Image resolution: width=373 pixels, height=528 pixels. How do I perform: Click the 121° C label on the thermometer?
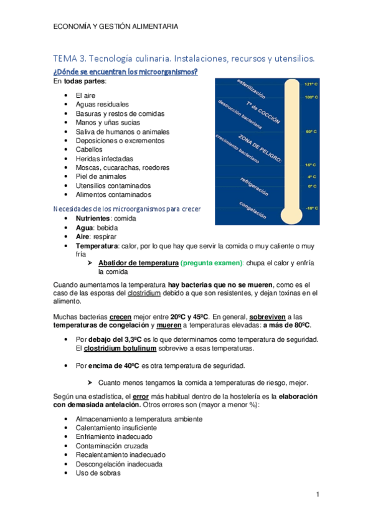click(x=311, y=83)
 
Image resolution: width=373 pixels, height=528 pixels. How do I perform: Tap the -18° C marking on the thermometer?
click(x=311, y=208)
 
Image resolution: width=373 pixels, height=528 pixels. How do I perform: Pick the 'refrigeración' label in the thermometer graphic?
click(x=253, y=186)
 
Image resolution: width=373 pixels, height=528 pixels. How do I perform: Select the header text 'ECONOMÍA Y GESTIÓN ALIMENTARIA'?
click(x=115, y=26)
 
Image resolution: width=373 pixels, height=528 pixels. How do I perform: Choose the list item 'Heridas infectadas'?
click(x=104, y=159)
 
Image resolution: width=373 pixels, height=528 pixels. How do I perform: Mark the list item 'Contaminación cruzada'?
click(x=112, y=446)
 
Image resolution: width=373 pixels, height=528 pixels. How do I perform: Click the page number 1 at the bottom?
click(x=317, y=495)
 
